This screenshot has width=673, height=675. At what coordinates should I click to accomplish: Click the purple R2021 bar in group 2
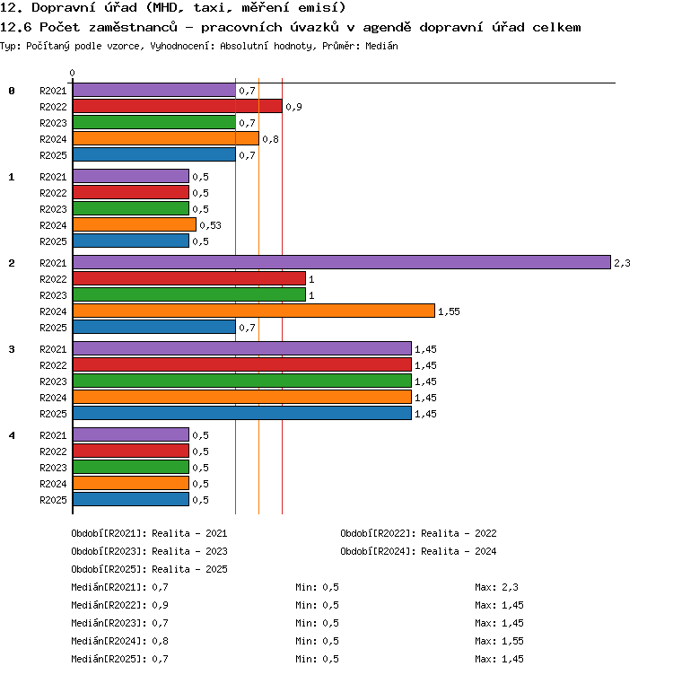pyautogui.click(x=342, y=262)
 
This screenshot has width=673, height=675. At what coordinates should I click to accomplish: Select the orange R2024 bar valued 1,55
pyautogui.click(x=254, y=311)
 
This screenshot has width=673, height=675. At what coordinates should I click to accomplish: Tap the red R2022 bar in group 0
pyautogui.click(x=178, y=106)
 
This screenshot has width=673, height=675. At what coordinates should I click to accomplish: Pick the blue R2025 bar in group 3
pyautogui.click(x=242, y=413)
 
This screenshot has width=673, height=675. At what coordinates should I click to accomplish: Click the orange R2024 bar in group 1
pyautogui.click(x=135, y=224)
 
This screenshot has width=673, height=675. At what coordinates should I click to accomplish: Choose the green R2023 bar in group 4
pyautogui.click(x=131, y=467)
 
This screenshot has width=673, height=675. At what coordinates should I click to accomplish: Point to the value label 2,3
pyautogui.click(x=622, y=263)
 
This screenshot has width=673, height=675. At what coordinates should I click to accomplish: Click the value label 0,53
pyautogui.click(x=210, y=225)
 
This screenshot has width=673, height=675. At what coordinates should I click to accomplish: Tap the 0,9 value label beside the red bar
pyautogui.click(x=294, y=107)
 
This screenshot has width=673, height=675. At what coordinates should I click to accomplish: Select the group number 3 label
pyautogui.click(x=12, y=349)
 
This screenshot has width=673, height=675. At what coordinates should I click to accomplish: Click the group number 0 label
pyautogui.click(x=12, y=91)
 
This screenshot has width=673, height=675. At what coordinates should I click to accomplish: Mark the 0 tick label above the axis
pyautogui.click(x=73, y=73)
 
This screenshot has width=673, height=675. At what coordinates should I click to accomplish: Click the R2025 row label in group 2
pyautogui.click(x=53, y=328)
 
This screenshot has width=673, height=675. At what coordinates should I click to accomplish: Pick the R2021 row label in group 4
pyautogui.click(x=53, y=435)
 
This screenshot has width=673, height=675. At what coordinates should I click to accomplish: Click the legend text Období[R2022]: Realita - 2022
pyautogui.click(x=418, y=533)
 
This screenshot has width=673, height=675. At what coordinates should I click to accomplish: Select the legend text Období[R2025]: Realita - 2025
pyautogui.click(x=149, y=569)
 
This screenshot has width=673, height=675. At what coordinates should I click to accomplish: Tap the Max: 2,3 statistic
pyautogui.click(x=496, y=587)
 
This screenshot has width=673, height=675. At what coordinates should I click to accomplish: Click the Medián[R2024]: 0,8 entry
pyautogui.click(x=119, y=641)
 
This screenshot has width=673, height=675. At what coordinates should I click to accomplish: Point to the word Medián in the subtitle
pyautogui.click(x=381, y=46)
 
